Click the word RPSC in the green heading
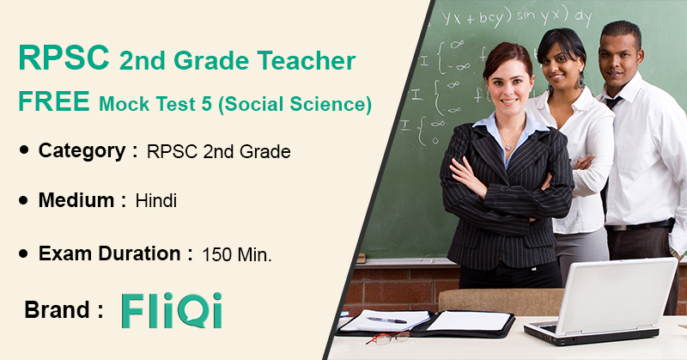click(64, 58)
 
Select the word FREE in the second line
click(54, 101)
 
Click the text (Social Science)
click(295, 104)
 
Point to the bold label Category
click(82, 151)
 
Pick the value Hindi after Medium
click(156, 201)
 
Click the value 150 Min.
click(237, 255)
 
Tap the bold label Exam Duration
click(110, 253)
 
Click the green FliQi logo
click(172, 310)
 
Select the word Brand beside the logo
click(57, 309)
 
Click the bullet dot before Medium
click(24, 200)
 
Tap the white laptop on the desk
click(601, 302)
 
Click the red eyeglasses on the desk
click(388, 338)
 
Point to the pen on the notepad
click(387, 320)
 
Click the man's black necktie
click(613, 102)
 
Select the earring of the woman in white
click(581, 81)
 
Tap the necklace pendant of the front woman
click(508, 147)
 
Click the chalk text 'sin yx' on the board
click(538, 17)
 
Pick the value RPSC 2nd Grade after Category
click(219, 152)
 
